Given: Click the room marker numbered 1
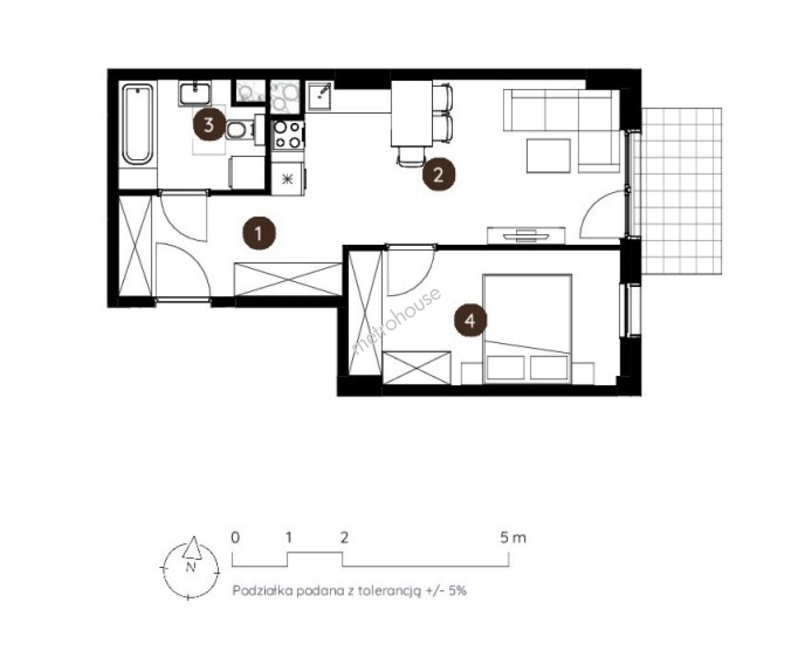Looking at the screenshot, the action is click(x=259, y=233).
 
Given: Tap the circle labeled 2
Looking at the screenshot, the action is click(x=439, y=175).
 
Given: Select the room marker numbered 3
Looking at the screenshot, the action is click(x=209, y=125).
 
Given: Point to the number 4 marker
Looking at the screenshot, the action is click(x=471, y=320).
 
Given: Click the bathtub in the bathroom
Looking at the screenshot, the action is click(x=138, y=124).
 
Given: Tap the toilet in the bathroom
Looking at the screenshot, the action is click(x=241, y=130).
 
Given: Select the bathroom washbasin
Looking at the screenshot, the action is click(x=195, y=93).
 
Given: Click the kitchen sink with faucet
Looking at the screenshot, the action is click(x=319, y=96).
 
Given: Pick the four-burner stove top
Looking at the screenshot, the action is click(x=288, y=134).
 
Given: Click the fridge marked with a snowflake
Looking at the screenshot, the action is click(x=288, y=179).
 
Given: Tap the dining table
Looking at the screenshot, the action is click(x=412, y=114).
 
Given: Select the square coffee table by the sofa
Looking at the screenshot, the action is click(x=549, y=156).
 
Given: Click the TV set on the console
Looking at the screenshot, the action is click(x=526, y=235).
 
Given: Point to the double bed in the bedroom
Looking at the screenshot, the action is click(x=528, y=329).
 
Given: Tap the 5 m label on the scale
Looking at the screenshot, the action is click(x=513, y=538).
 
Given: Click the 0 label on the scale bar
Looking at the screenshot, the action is click(x=235, y=538).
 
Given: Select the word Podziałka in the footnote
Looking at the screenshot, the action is click(x=263, y=591).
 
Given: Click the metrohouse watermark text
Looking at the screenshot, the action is click(x=396, y=322).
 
